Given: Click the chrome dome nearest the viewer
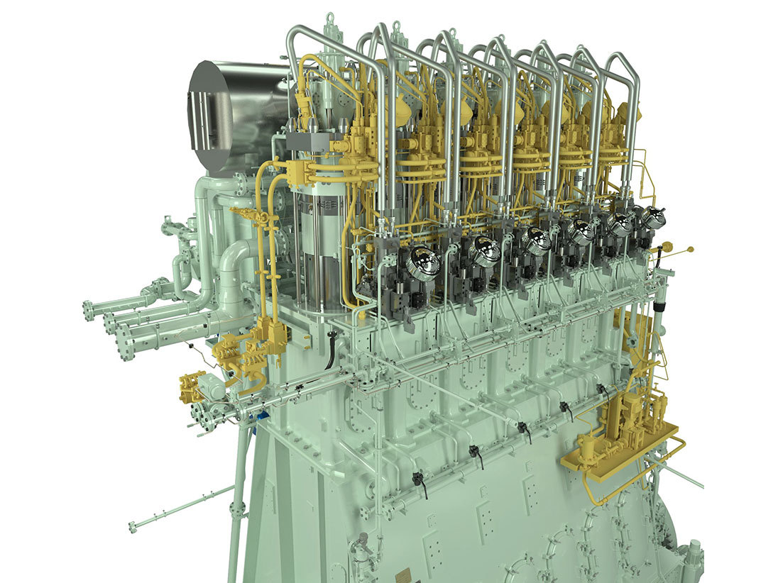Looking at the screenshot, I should pos(424,260).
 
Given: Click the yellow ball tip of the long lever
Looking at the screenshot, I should pos(691,249).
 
